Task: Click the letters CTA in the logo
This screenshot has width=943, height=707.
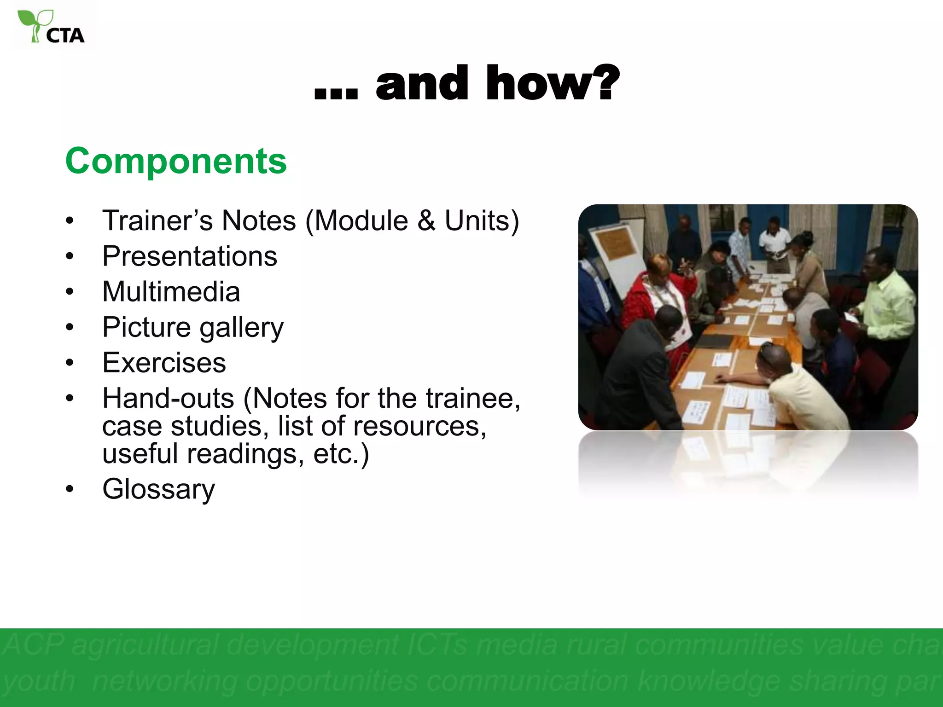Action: [65, 36]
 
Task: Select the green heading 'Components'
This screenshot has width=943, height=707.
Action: [176, 161]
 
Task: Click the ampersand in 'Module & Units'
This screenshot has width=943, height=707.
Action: [426, 220]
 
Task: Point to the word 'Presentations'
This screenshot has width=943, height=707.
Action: [190, 256]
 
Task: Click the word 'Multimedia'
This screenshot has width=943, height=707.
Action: [171, 292]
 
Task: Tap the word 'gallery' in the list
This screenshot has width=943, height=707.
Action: [241, 328]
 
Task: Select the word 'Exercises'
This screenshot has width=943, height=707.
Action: [164, 363]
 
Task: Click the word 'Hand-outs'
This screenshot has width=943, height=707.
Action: [168, 398]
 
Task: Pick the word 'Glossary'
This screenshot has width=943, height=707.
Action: [158, 489]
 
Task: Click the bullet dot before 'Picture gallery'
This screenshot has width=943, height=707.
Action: [70, 327]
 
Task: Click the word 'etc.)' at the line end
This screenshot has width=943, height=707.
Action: [341, 454]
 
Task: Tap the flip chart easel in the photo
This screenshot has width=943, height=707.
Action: [617, 258]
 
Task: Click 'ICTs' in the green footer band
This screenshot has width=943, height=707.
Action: [437, 645]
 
